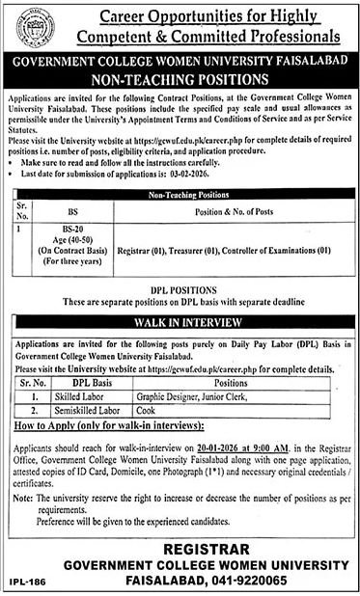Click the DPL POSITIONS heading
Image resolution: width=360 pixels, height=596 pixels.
tap(180, 289)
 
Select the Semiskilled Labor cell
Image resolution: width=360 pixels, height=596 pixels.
tap(88, 409)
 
